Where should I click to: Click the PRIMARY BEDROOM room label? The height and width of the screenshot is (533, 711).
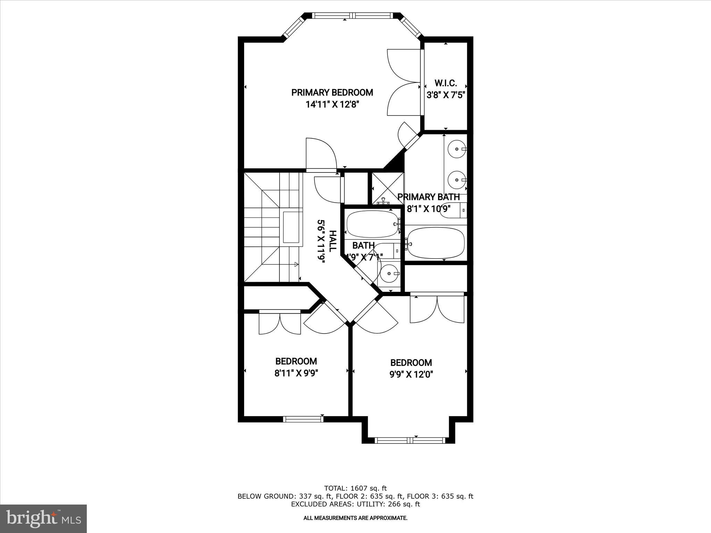(332, 93)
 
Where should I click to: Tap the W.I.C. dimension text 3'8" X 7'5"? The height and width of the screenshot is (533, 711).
(446, 95)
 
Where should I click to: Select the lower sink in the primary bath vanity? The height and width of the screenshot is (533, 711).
(456, 180)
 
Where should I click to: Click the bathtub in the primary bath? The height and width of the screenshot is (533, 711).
(436, 243)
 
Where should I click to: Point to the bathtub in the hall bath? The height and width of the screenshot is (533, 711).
(372, 224)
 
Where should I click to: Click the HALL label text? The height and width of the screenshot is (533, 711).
(332, 241)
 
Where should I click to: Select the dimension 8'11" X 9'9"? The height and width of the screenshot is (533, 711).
(296, 373)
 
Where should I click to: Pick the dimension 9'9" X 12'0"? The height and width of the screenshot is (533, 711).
(411, 374)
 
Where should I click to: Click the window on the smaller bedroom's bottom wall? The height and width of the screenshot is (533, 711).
(303, 419)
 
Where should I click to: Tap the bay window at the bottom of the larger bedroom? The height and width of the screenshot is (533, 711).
(410, 440)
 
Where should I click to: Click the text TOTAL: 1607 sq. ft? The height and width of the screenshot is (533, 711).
(355, 489)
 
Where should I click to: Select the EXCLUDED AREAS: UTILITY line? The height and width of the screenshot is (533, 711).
(355, 504)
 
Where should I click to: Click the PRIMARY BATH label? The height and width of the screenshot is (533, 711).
(428, 197)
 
